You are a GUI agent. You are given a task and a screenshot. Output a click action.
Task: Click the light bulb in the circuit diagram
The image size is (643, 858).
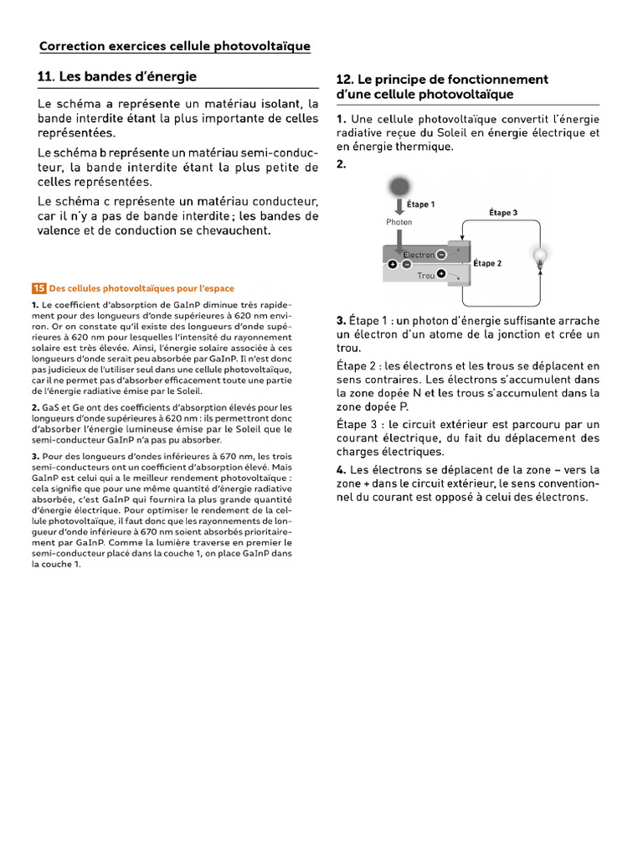tap(541, 256)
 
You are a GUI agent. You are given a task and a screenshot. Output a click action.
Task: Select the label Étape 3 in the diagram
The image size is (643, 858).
tap(502, 213)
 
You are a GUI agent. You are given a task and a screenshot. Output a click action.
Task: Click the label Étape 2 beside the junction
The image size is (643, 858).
tap(487, 263)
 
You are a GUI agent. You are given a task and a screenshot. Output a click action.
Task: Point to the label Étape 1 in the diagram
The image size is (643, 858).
tap(420, 204)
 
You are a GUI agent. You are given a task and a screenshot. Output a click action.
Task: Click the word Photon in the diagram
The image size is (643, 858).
tap(399, 223)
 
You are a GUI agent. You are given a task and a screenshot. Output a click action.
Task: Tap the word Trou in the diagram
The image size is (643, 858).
tap(425, 275)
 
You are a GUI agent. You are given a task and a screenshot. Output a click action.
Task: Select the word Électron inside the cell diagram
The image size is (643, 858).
tap(418, 255)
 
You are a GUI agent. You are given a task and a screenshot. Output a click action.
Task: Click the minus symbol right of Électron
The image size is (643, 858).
tap(441, 254)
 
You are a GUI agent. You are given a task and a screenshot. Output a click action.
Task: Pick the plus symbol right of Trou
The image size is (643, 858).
tap(441, 273)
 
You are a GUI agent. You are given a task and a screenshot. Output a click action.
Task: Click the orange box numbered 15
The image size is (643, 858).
tap(39, 288)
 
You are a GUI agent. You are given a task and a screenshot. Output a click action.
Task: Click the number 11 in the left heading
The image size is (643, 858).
tap(46, 77)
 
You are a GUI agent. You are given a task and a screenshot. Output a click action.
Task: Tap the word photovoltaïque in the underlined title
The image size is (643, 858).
tap(262, 46)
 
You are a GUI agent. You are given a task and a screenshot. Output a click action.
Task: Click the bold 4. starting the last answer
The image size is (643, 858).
tap(341, 470)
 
